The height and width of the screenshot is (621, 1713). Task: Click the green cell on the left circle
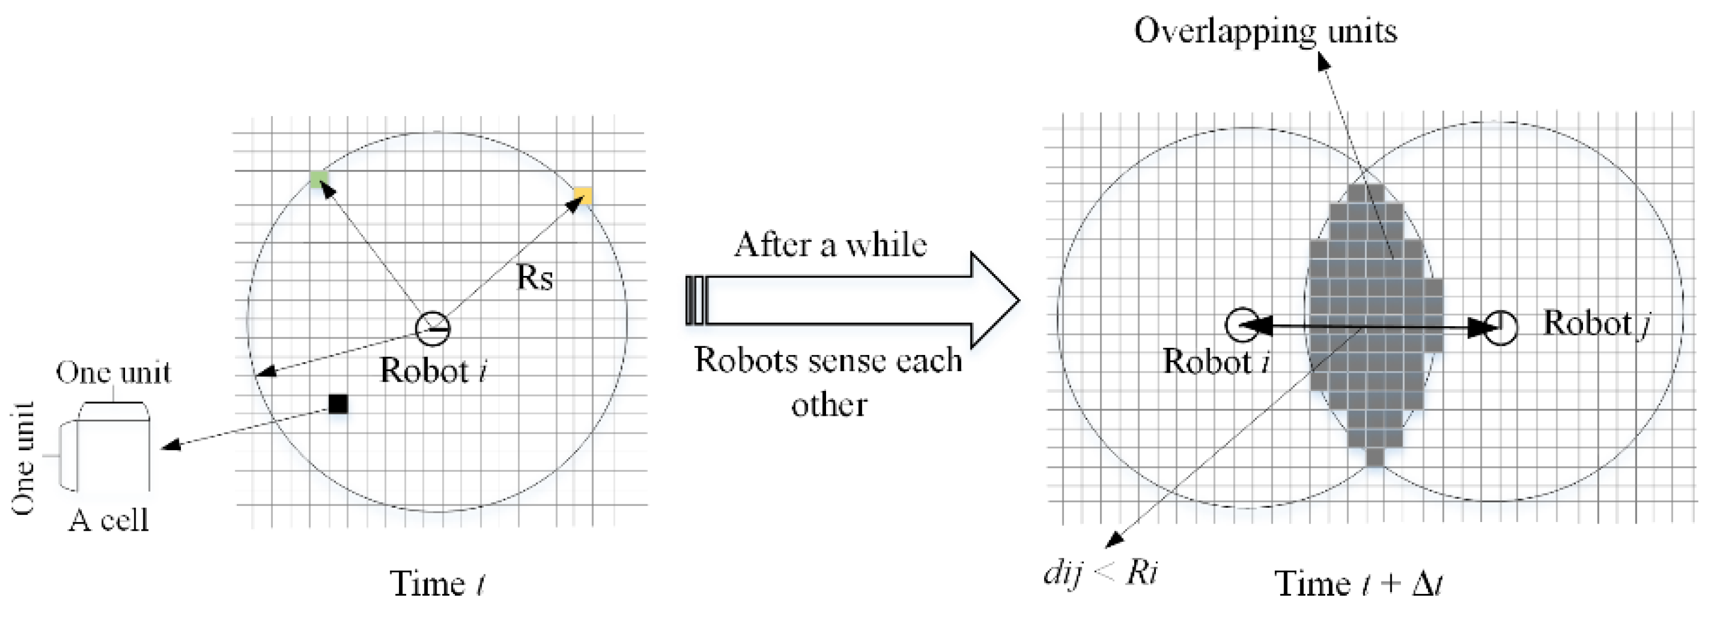[319, 179]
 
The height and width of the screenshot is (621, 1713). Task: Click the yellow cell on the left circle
[583, 195]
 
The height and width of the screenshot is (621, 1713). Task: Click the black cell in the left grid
[339, 404]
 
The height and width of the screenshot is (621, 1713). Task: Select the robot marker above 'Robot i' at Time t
[432, 328]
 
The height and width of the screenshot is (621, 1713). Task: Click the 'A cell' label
[108, 520]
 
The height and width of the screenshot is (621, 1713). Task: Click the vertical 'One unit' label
[23, 459]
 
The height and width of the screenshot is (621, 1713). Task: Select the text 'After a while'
[830, 244]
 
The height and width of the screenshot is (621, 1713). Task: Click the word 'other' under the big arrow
[829, 405]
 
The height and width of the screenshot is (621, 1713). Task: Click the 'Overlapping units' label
[1265, 32]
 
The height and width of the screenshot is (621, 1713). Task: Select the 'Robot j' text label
[1596, 324]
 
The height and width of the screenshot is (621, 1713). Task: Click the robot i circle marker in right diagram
[1242, 325]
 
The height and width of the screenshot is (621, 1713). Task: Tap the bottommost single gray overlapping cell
[1375, 457]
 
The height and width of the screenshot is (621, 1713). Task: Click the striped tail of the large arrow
[695, 300]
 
